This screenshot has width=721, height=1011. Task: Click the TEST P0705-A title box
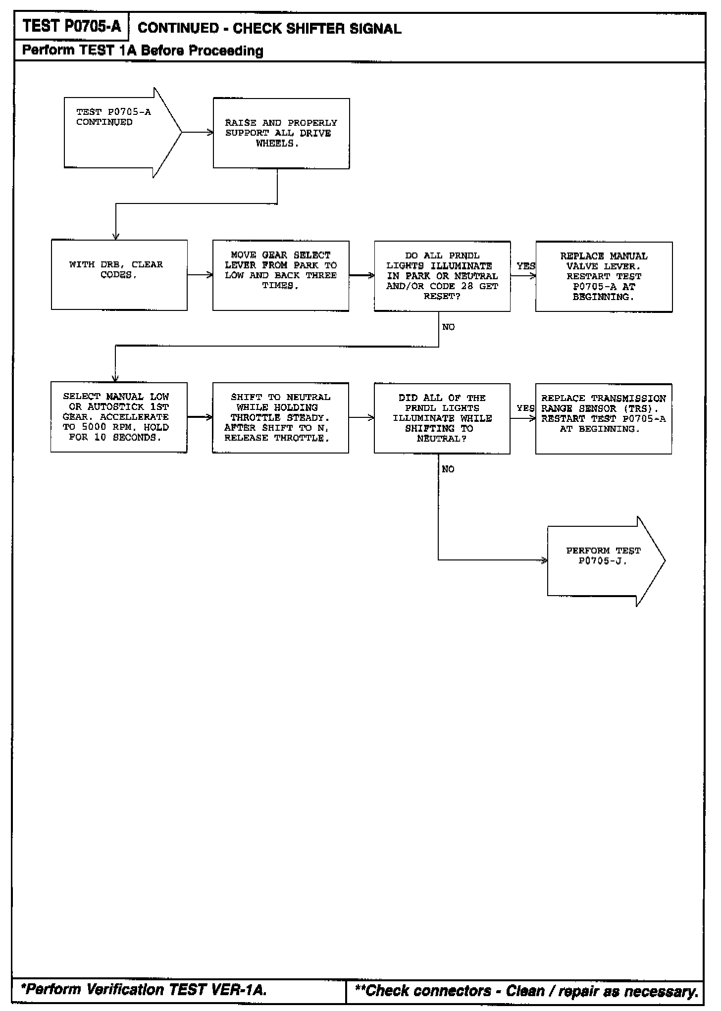tap(71, 26)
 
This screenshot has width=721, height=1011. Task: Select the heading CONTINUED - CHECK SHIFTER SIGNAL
tap(269, 28)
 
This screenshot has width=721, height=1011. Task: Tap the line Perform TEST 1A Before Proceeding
tap(143, 51)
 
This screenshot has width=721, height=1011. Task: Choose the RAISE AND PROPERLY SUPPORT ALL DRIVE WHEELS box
tap(281, 133)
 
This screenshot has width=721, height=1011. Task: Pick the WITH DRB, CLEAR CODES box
tap(119, 275)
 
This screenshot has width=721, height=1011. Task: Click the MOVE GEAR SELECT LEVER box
tap(281, 276)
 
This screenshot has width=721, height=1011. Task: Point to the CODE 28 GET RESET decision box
tap(442, 276)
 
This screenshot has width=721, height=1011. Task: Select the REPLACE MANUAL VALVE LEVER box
tap(604, 277)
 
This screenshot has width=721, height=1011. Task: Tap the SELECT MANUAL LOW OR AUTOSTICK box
tap(119, 417)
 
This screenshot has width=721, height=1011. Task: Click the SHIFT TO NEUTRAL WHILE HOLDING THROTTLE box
tap(280, 417)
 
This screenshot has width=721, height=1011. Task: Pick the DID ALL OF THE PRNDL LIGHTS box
tap(442, 418)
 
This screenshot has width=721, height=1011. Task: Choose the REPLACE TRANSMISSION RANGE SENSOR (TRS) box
tap(604, 418)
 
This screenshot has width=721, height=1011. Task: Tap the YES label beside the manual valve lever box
tap(525, 266)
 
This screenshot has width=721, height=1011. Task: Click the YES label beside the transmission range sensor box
tap(525, 408)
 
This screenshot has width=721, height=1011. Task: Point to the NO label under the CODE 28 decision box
tap(448, 327)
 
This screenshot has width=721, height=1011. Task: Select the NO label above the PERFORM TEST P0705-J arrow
tap(448, 469)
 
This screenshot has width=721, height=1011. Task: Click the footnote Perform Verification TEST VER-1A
tap(145, 990)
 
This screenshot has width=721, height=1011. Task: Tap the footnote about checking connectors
tap(526, 991)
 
